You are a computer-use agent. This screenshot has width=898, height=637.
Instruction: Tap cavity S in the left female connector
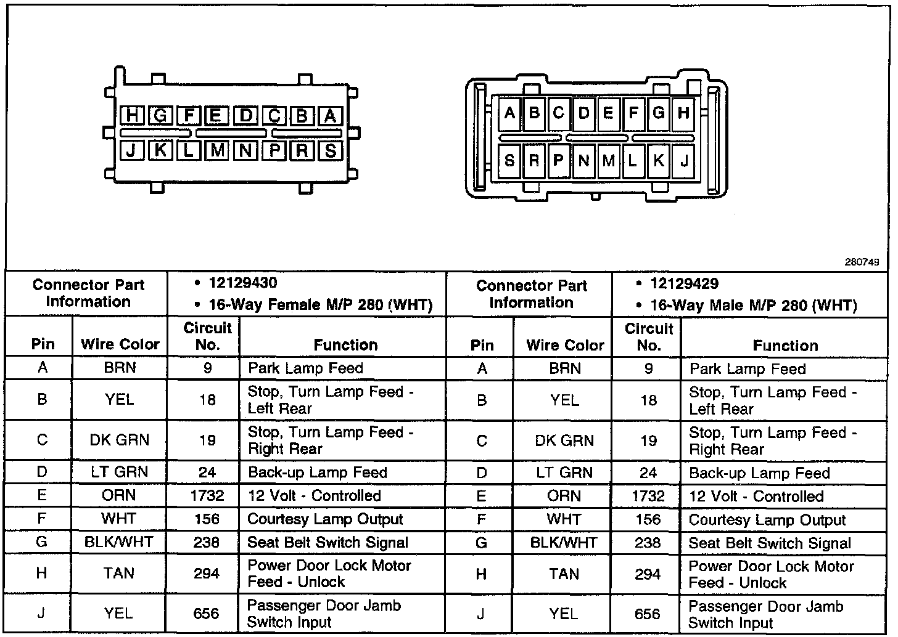click(331, 150)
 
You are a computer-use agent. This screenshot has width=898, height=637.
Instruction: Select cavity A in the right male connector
click(509, 113)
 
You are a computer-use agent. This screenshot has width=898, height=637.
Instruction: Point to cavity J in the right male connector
click(683, 161)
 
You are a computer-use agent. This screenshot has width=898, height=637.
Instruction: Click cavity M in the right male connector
click(609, 161)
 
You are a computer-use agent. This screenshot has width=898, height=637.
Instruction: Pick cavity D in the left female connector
click(246, 115)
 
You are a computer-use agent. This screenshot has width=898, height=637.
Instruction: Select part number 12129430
click(243, 283)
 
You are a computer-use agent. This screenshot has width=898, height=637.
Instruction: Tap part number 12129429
click(685, 284)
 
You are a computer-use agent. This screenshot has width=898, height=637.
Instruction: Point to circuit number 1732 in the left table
click(207, 496)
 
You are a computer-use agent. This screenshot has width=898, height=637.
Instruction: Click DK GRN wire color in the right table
click(565, 441)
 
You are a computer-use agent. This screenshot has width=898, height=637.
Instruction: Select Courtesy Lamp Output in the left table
click(325, 519)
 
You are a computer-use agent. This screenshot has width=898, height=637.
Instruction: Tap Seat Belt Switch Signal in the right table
click(770, 543)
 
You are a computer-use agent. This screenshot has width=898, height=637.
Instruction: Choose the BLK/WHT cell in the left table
click(118, 542)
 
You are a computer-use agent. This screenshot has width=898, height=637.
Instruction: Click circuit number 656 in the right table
click(648, 614)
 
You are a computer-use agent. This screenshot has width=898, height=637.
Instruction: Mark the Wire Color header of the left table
click(120, 344)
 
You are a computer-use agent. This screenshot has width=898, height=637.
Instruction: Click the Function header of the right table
click(785, 346)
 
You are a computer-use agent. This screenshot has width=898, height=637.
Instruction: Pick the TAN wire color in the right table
click(564, 574)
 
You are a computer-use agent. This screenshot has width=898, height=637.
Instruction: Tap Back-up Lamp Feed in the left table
click(318, 473)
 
